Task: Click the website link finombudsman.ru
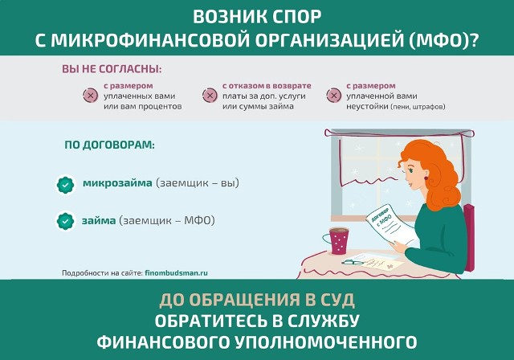tap(176, 272)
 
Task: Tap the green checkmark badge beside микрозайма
tap(66, 185)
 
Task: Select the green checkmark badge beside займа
tap(66, 221)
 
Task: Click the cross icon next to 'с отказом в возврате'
tap(210, 96)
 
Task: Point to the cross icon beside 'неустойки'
tap(334, 96)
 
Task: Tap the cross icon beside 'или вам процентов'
tap(91, 96)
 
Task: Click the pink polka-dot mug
tap(337, 241)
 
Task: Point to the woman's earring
tap(426, 178)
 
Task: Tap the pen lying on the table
tap(353, 262)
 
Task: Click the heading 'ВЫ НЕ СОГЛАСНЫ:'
tap(112, 69)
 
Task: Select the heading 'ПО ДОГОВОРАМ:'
tap(109, 145)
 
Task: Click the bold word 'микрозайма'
tap(117, 183)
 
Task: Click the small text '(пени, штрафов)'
tap(418, 107)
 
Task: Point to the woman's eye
tap(411, 170)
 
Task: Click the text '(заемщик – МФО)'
tap(167, 220)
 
